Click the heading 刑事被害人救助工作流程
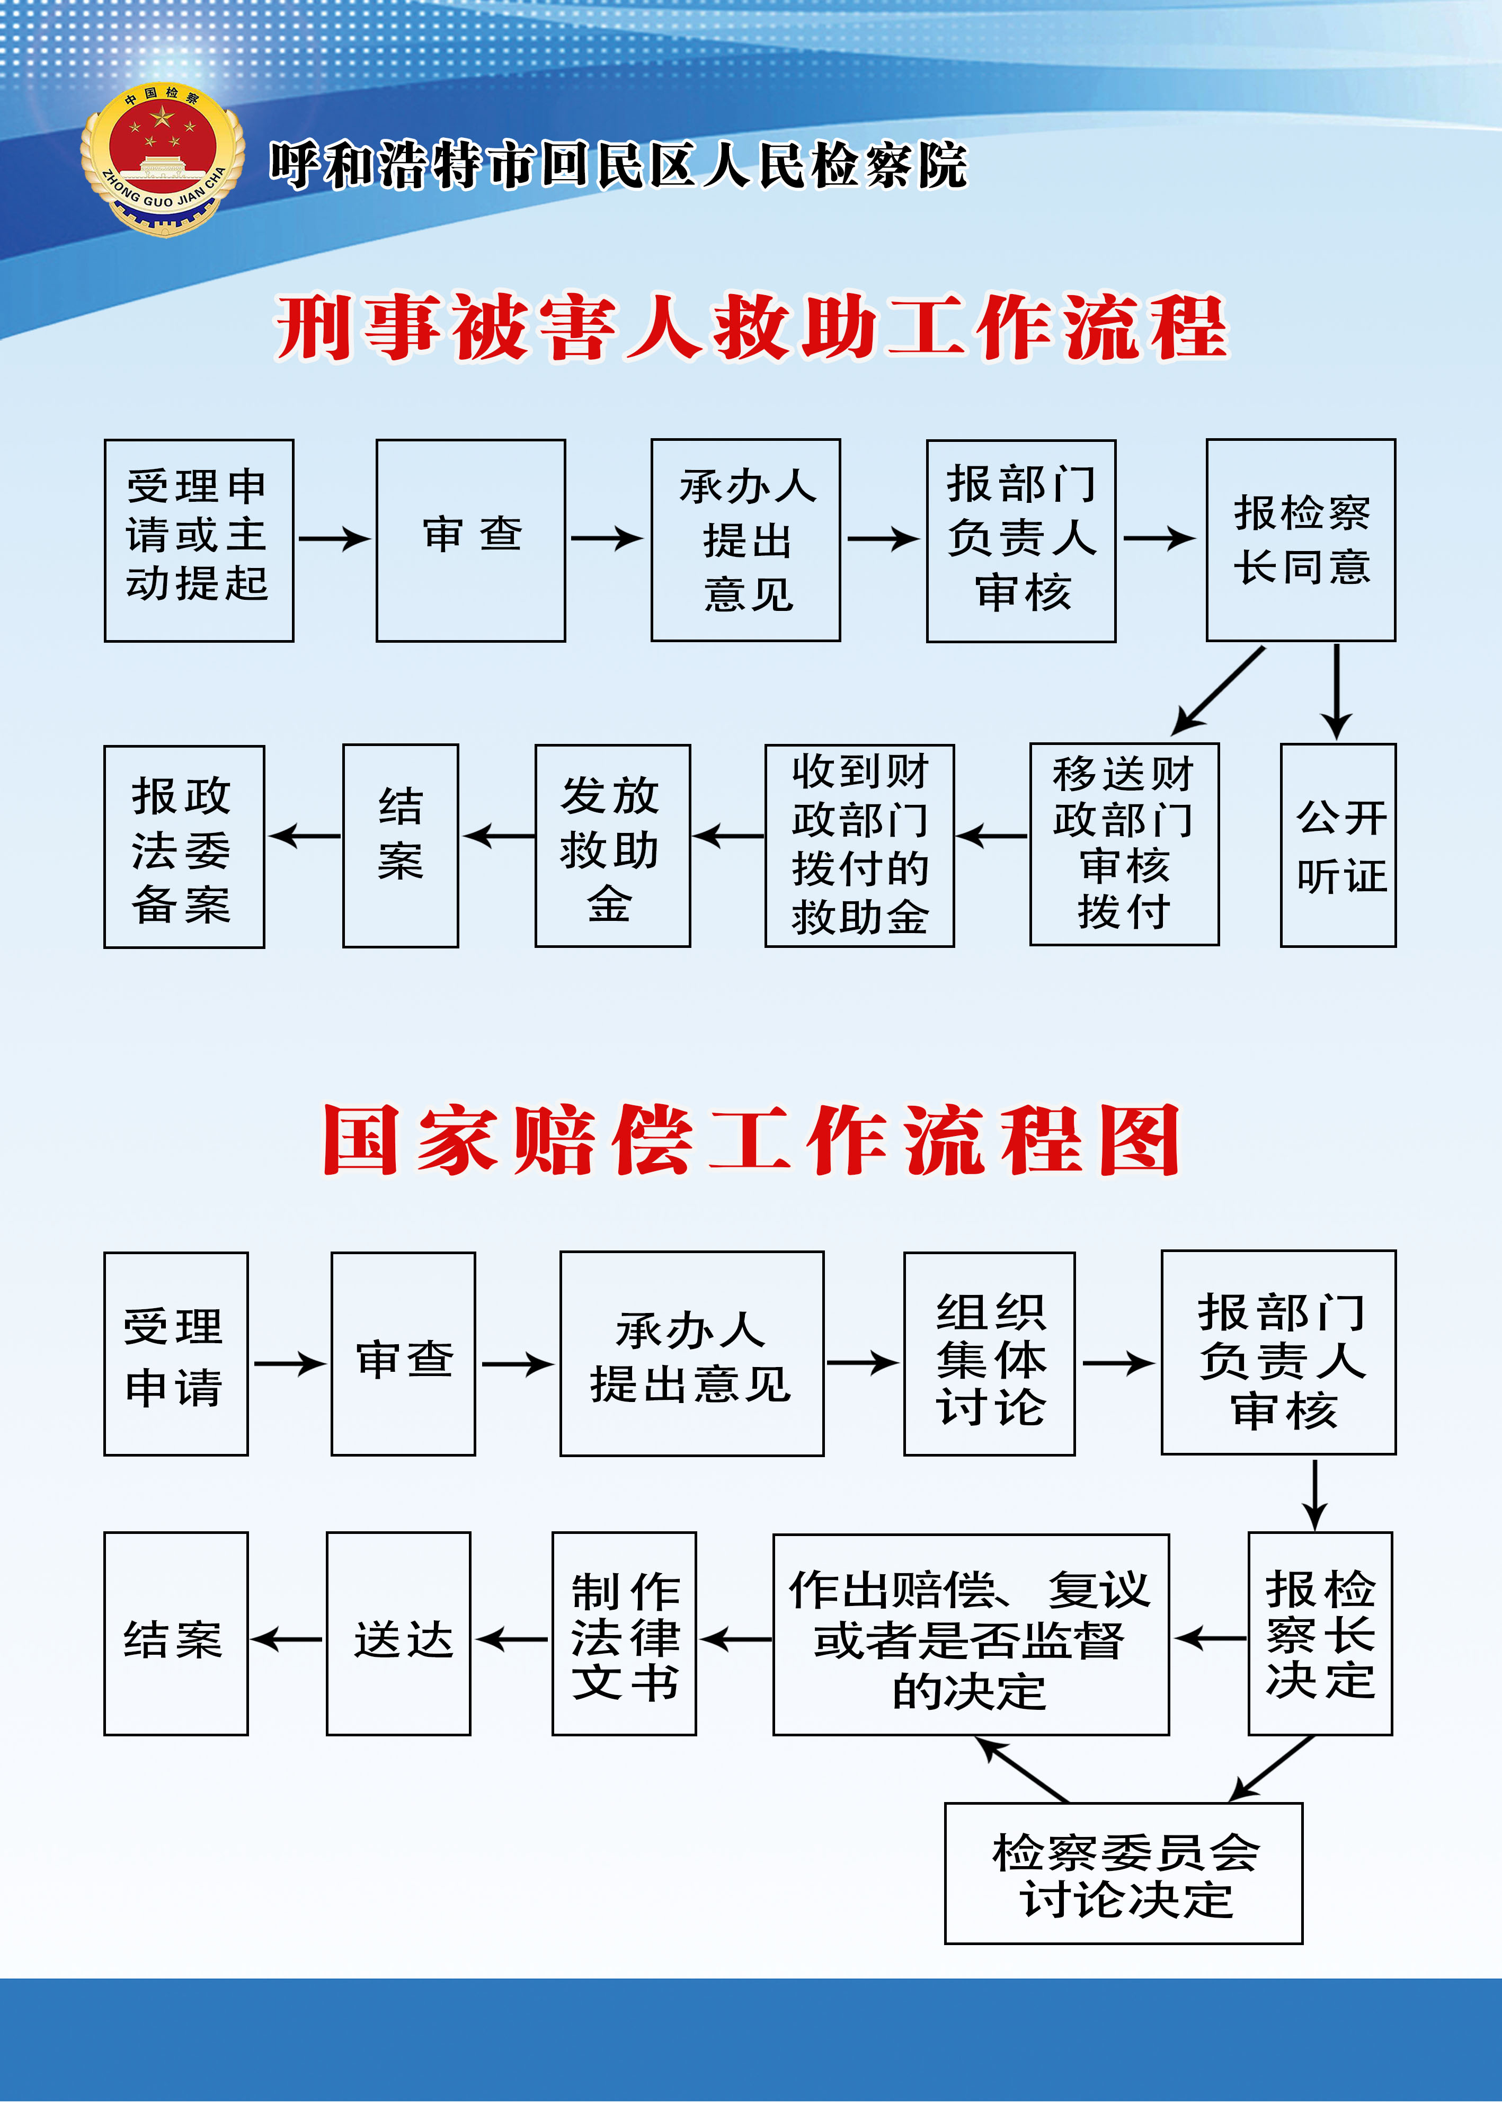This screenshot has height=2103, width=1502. (751, 327)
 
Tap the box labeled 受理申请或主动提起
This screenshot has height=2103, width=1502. (199, 540)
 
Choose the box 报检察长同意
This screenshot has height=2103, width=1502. (1300, 540)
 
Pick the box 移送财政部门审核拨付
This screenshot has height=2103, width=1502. (1124, 845)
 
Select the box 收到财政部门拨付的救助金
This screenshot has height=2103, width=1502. (859, 845)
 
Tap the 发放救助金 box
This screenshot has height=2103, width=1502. (612, 845)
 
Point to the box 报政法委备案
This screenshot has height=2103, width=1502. (184, 846)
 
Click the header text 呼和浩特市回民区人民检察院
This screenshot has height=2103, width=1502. (618, 166)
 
